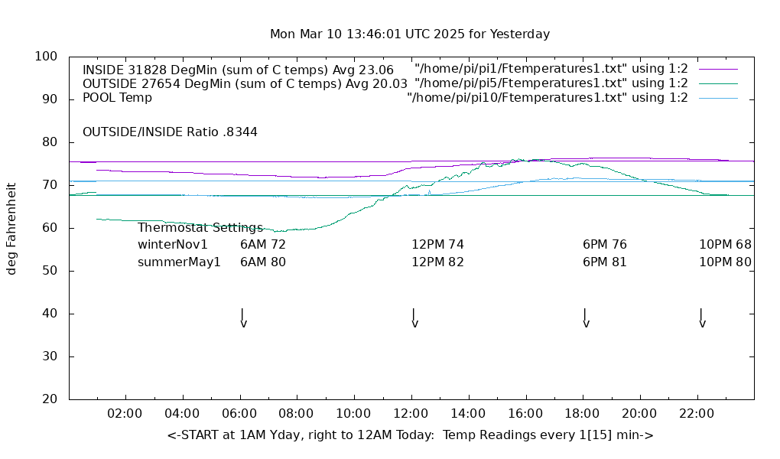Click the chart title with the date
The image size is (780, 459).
[x=410, y=34]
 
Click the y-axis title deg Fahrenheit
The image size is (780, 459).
[x=11, y=228]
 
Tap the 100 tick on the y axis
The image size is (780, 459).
[x=47, y=57]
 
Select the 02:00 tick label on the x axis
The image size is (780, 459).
[x=125, y=414]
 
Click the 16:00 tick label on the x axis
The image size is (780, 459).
[x=525, y=414]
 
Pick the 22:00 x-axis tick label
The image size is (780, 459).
[x=697, y=414]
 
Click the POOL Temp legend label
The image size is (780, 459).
[x=117, y=98]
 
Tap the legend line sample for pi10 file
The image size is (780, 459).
[x=718, y=98]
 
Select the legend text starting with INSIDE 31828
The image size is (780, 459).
[x=238, y=70]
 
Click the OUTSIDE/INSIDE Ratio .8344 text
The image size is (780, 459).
[x=170, y=132]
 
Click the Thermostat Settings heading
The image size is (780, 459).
[x=200, y=228]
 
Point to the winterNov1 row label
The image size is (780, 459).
[x=173, y=245]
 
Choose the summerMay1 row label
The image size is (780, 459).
[x=179, y=262]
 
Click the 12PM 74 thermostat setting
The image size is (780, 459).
[x=437, y=245]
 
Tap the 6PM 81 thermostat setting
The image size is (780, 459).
[x=604, y=262]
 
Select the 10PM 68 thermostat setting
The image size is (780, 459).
[x=725, y=245]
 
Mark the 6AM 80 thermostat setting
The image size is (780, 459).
[x=262, y=262]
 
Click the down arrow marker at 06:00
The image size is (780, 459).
[x=242, y=317]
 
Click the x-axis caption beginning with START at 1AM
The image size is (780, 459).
[x=410, y=435]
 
